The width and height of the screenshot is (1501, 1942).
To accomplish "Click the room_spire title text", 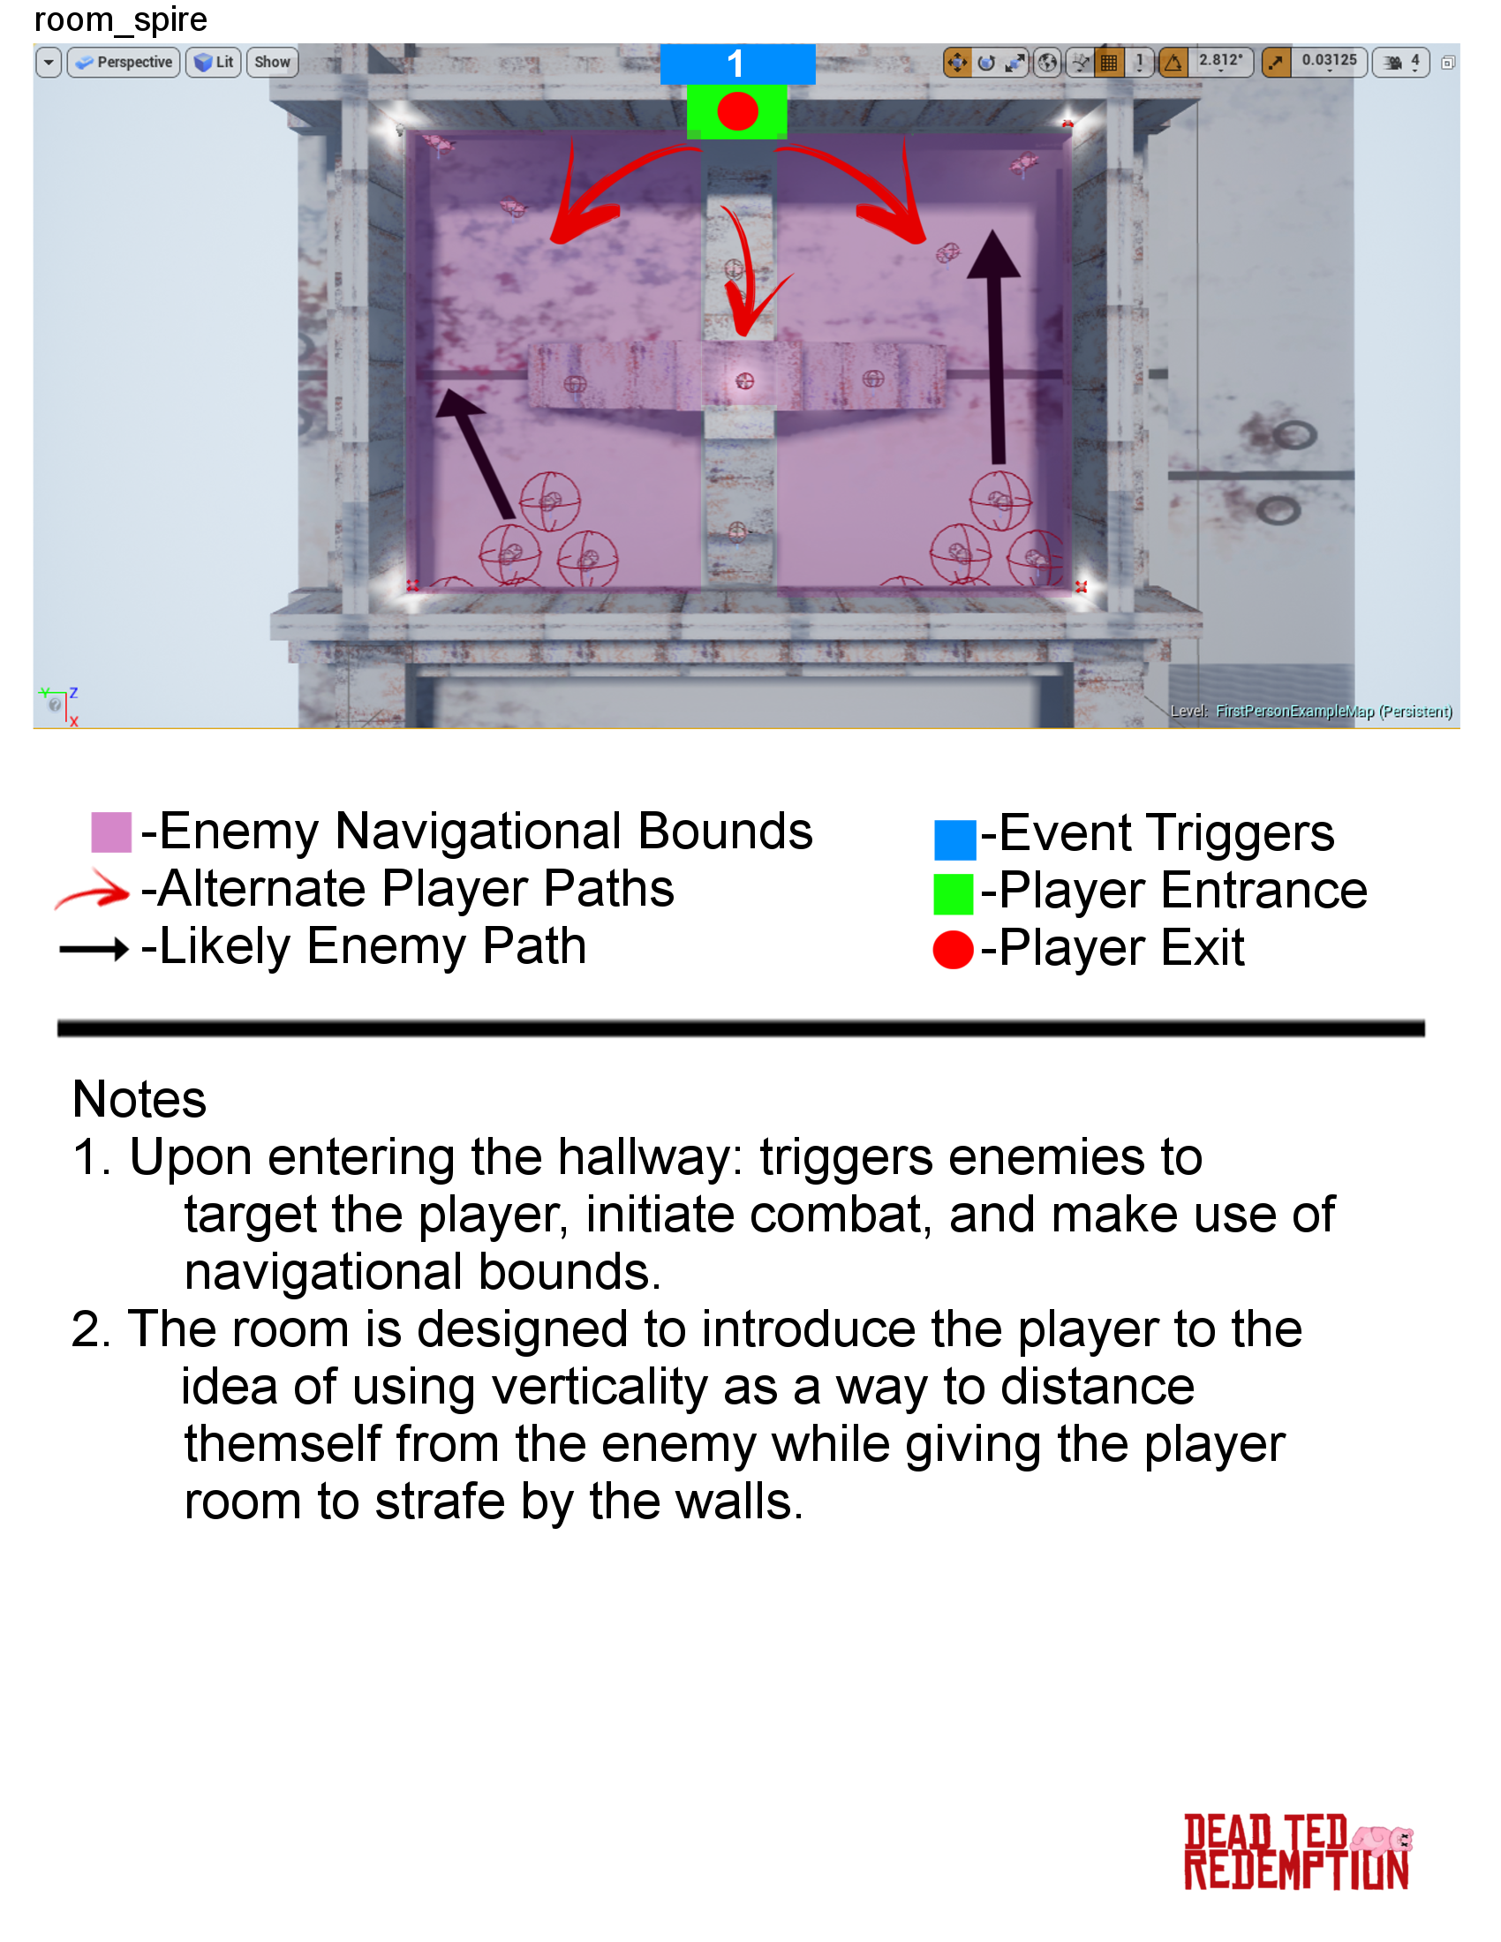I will (120, 19).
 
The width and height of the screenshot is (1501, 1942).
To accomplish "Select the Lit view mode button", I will (214, 63).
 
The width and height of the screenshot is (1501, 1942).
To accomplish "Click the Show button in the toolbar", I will (272, 63).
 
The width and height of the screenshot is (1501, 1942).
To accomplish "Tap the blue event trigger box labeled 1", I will (736, 64).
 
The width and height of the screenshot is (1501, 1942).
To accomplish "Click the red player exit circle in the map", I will (737, 112).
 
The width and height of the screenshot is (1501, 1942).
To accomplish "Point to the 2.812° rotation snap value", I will (1220, 60).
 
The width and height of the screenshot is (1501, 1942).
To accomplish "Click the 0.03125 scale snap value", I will (1329, 60).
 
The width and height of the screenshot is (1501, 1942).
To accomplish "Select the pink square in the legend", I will (111, 832).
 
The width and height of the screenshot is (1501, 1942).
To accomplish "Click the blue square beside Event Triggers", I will (954, 839).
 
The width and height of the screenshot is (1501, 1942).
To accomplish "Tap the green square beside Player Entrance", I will (954, 893).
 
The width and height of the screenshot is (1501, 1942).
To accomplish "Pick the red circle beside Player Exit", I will (954, 950).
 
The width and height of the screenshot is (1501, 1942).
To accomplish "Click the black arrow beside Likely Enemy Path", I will (94, 950).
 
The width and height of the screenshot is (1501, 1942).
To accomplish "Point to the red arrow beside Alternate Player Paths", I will (93, 890).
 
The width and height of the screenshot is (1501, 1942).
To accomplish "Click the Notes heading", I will (140, 1100).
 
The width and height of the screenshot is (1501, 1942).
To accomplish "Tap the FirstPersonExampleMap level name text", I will (1294, 711).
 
